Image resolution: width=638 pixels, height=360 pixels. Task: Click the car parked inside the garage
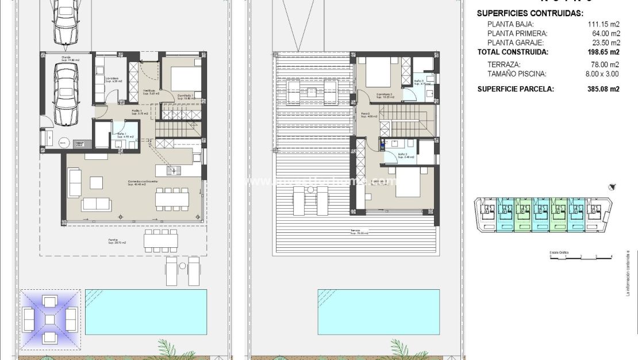[x=66, y=93]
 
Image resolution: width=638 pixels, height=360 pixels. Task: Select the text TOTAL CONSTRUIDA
[x=513, y=52]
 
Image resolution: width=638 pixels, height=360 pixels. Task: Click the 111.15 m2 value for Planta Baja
[x=605, y=24]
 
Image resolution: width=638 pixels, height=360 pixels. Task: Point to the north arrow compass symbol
[x=613, y=186]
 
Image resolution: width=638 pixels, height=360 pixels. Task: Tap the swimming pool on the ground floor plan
[x=145, y=311]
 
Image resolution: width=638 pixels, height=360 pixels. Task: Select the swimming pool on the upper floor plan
[x=378, y=311]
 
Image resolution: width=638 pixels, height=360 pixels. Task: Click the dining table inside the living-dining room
[x=172, y=198]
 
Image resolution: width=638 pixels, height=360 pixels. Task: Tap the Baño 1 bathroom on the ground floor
[x=125, y=135]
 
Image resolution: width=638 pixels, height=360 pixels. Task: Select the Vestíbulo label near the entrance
[x=149, y=91]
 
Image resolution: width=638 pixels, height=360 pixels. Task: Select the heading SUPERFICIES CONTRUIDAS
[x=530, y=13]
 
